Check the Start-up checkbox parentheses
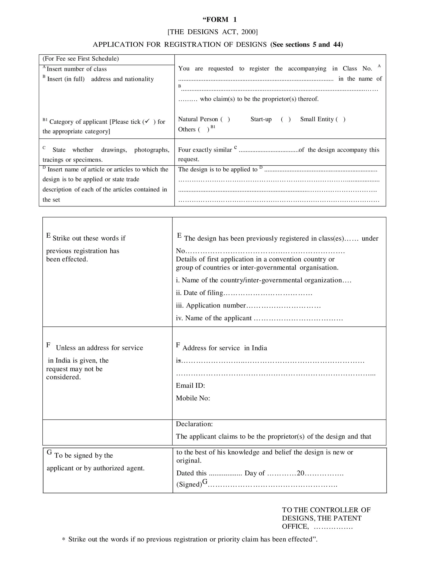click(x=286, y=119)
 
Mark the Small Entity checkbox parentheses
click(x=340, y=119)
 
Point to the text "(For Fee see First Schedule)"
click(x=81, y=59)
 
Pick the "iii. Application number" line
click(x=211, y=305)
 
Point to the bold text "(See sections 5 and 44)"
click(x=307, y=44)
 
